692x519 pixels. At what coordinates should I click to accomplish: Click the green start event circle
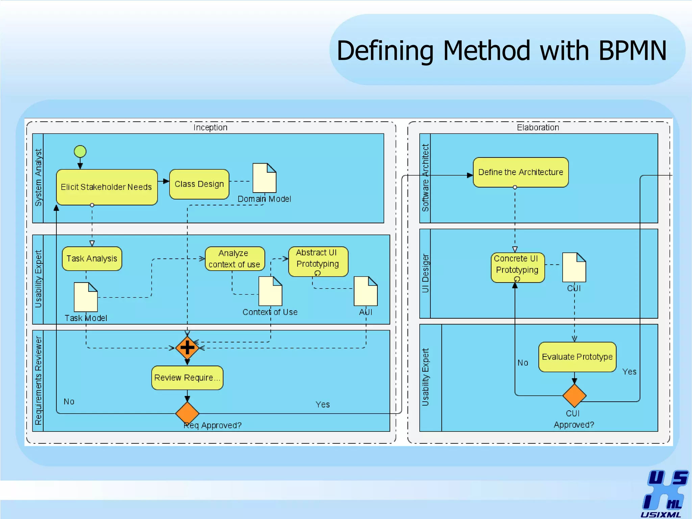click(80, 151)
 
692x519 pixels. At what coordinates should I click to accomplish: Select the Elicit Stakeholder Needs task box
click(107, 187)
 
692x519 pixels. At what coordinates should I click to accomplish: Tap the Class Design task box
click(199, 184)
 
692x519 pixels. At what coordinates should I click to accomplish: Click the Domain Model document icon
click(265, 178)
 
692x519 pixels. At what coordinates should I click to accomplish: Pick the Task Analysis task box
click(92, 258)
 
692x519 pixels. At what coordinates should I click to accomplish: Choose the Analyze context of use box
click(235, 258)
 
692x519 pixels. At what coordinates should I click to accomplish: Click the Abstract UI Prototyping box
click(318, 261)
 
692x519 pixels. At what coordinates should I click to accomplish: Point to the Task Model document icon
click(86, 297)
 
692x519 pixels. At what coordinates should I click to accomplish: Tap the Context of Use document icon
click(270, 291)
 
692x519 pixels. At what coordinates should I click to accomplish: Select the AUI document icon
click(366, 291)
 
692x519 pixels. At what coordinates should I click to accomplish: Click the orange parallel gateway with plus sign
click(187, 348)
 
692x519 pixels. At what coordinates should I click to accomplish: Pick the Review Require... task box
click(187, 378)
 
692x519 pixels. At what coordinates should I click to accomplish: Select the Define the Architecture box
click(521, 172)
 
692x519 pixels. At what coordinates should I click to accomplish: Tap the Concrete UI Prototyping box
click(518, 267)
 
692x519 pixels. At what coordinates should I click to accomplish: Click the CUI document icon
click(574, 267)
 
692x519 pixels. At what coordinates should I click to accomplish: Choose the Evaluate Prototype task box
click(577, 357)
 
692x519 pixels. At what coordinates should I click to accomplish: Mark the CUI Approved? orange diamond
click(574, 395)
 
